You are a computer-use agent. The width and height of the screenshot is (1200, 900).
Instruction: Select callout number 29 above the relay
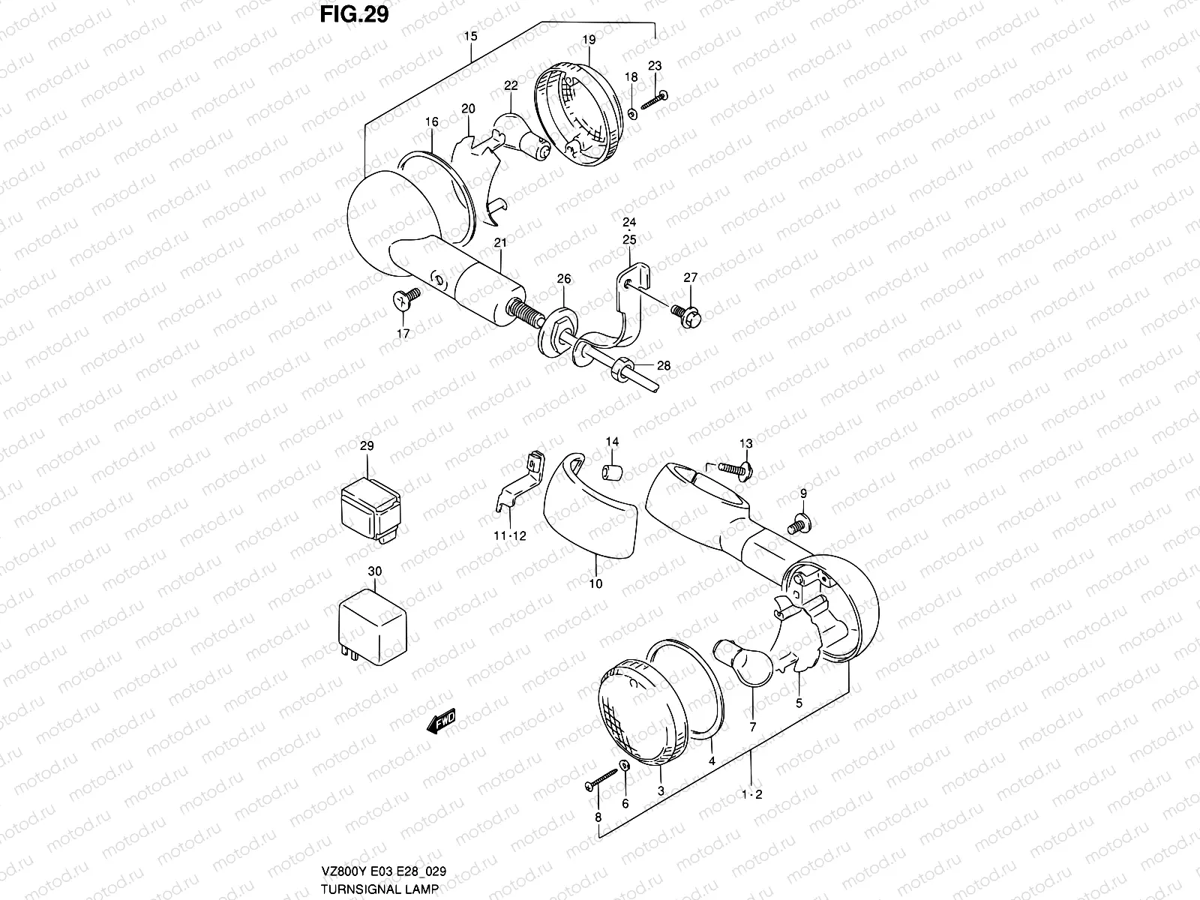click(366, 445)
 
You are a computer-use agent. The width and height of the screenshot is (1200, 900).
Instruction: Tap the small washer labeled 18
click(631, 113)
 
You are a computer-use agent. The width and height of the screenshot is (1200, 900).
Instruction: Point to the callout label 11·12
click(510, 536)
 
